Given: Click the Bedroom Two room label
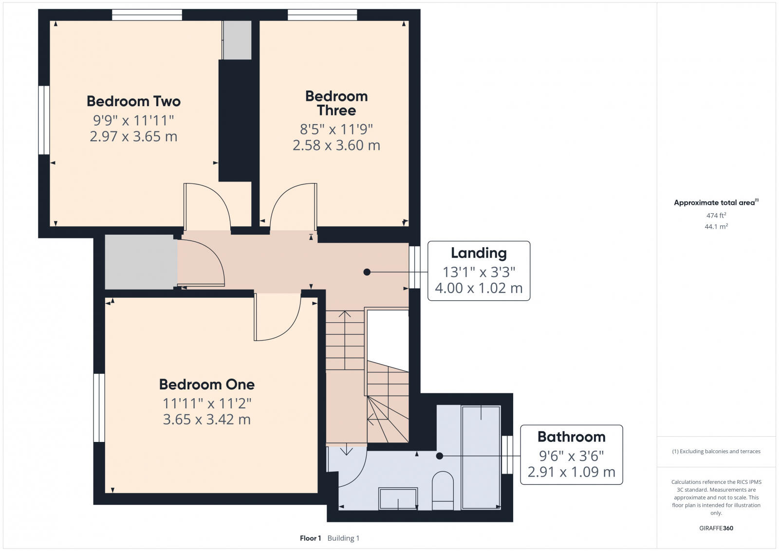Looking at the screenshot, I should pyautogui.click(x=133, y=101).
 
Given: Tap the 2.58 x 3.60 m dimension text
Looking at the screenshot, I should pyautogui.click(x=336, y=145).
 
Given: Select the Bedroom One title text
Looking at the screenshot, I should pyautogui.click(x=206, y=385).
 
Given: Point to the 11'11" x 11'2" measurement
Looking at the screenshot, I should pyautogui.click(x=206, y=404).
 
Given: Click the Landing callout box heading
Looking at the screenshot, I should pyautogui.click(x=478, y=253).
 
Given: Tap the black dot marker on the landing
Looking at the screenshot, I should pyautogui.click(x=367, y=272).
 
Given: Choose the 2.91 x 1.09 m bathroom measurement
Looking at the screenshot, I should pyautogui.click(x=571, y=472).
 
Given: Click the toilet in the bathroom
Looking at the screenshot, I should pyautogui.click(x=443, y=489).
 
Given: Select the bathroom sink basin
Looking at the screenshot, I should pyautogui.click(x=398, y=498).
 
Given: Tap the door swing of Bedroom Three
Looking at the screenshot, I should pyautogui.click(x=292, y=204).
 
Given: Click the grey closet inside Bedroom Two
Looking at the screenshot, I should pyautogui.click(x=237, y=40).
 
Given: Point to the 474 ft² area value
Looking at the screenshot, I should pyautogui.click(x=716, y=215).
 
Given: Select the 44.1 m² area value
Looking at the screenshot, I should pyautogui.click(x=716, y=226).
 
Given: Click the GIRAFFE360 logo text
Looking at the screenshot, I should pyautogui.click(x=716, y=528).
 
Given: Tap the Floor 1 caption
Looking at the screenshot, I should pyautogui.click(x=310, y=538).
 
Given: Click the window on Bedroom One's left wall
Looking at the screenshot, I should pyautogui.click(x=99, y=407).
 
